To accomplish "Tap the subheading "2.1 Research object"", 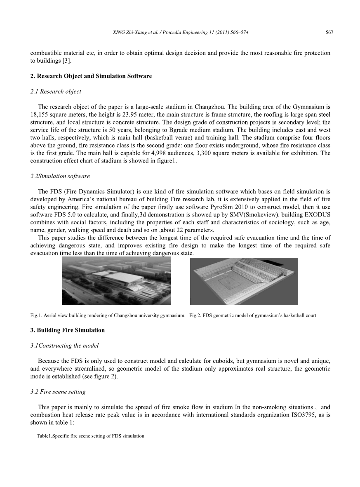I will (56, 92).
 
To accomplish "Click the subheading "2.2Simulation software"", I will (60, 176).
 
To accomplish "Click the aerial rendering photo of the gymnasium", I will (116, 281).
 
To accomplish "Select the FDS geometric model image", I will (244, 281).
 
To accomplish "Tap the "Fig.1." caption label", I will (36, 316).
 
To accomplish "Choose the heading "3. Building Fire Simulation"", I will (68, 330).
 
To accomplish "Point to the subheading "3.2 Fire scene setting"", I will (58, 391).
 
